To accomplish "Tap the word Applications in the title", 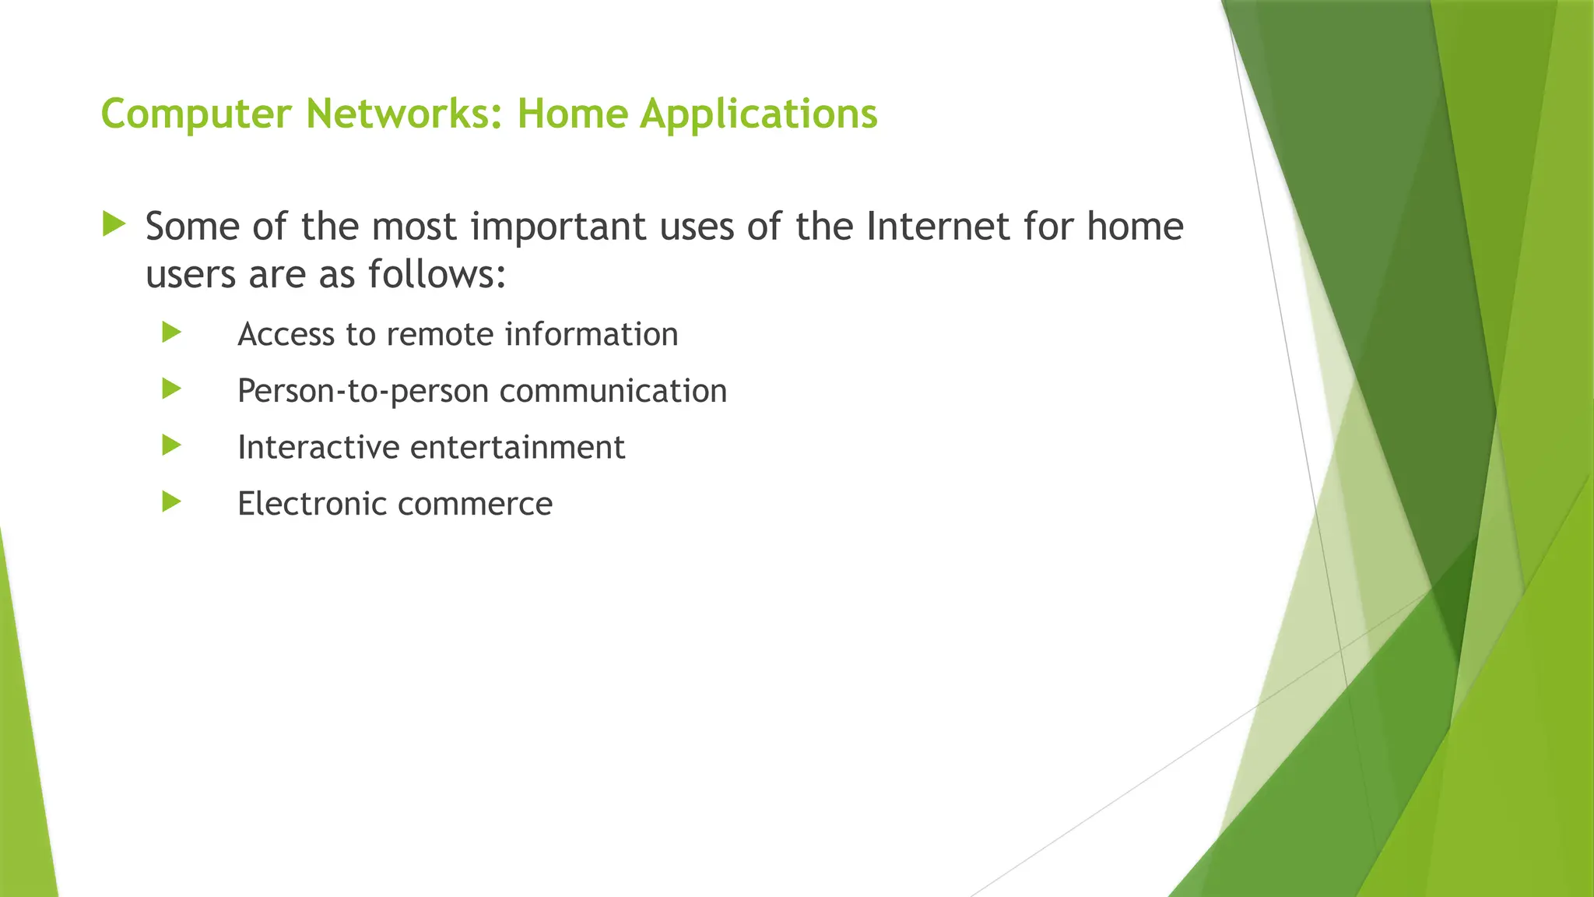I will (759, 114).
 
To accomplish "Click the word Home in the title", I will (572, 114).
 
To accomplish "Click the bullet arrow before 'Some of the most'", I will (114, 225).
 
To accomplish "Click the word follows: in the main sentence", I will (437, 274).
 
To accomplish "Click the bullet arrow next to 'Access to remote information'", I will (172, 332).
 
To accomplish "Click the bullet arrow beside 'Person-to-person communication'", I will (172, 389).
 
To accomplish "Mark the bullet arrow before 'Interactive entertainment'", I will (172, 445).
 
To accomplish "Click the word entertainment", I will (517, 447).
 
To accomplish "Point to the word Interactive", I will (318, 447).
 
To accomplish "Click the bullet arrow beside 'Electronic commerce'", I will (172, 501).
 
